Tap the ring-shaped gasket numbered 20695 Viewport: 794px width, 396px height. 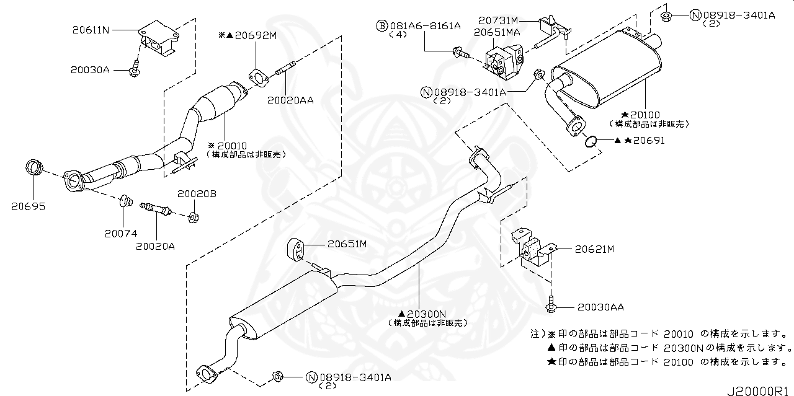[35, 168]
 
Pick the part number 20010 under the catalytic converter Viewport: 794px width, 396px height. [236, 144]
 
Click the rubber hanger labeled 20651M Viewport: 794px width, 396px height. [296, 250]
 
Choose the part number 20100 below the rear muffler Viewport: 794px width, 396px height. [656, 115]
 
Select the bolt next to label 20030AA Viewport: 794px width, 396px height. [552, 305]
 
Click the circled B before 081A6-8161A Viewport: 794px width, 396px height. [382, 25]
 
